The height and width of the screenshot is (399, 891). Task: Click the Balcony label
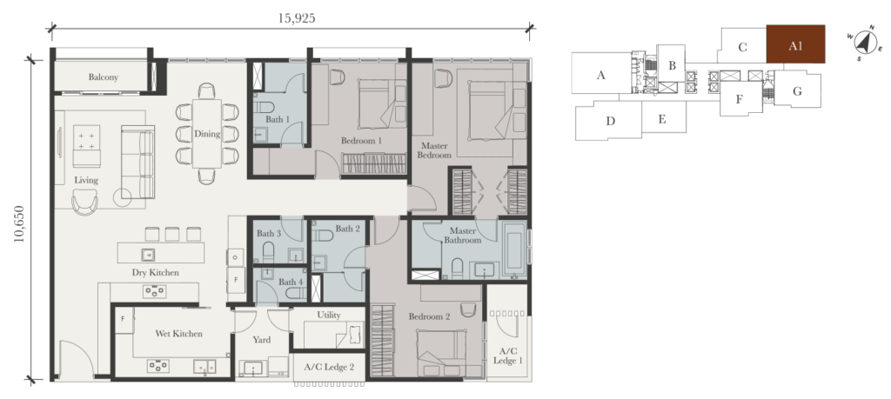point(103,78)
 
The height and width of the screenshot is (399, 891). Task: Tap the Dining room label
point(207,134)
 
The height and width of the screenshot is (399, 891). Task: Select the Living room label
point(85,180)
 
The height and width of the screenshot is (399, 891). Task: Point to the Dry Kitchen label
point(156,273)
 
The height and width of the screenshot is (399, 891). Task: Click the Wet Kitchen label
point(180,333)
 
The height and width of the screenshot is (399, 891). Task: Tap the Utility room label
point(328,315)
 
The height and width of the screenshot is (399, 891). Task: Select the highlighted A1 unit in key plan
point(795,47)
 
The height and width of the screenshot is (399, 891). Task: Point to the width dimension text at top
point(291,18)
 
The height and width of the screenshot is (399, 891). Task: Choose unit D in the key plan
point(611,120)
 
